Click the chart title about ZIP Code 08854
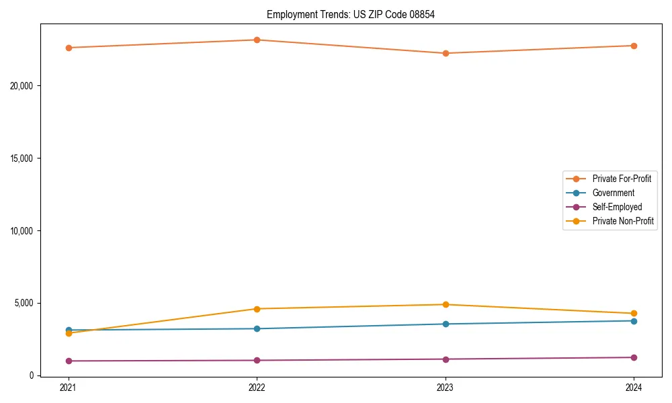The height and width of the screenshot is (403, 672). point(351,14)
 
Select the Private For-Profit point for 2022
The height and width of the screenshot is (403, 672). point(257,40)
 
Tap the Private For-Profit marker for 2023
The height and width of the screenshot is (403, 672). point(446,53)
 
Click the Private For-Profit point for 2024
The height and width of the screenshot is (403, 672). point(634,46)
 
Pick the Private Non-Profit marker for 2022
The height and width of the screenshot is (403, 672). point(257,309)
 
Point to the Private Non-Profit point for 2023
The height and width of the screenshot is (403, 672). point(446,305)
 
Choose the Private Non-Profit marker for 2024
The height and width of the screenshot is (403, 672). point(634,314)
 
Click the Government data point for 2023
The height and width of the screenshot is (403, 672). point(446,324)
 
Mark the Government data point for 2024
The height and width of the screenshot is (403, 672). point(634,320)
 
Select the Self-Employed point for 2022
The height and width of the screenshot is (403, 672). point(257,360)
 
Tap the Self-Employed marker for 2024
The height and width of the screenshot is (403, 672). point(634,357)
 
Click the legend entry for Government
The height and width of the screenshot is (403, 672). point(613,193)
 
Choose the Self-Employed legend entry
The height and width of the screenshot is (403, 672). point(617,207)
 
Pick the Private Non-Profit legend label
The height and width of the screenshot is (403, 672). point(623,221)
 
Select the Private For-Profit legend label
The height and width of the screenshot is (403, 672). point(622,179)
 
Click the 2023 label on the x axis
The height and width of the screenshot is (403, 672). point(446,388)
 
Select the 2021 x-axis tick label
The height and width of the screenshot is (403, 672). point(69,388)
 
